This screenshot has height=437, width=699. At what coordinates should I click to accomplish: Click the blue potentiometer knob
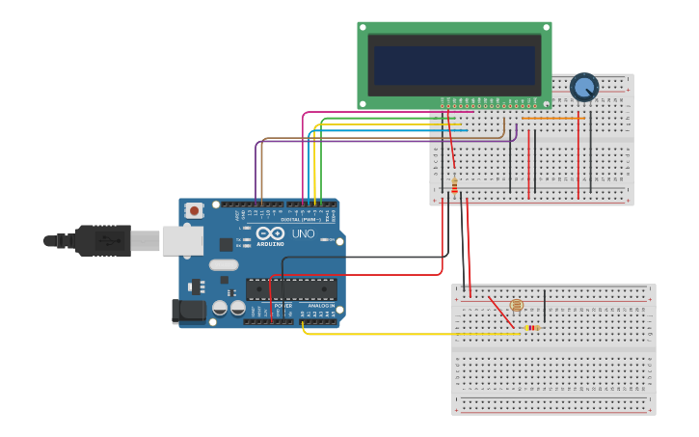tap(584, 87)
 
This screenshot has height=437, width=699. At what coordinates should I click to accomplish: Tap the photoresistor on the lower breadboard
tap(516, 305)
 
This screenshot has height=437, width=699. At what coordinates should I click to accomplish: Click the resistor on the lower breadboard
tap(531, 328)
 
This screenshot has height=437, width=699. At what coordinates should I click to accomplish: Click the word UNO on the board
tap(304, 233)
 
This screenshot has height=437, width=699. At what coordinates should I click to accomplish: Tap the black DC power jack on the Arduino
tap(188, 311)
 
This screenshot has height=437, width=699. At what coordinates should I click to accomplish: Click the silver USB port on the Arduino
tap(182, 240)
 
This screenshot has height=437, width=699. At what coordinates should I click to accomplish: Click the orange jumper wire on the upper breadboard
tap(553, 119)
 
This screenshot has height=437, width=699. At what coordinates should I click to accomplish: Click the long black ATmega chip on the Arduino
tap(291, 288)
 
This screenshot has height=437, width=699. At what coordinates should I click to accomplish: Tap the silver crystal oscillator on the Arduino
tap(223, 264)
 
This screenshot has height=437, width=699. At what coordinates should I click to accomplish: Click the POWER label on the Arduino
tap(282, 306)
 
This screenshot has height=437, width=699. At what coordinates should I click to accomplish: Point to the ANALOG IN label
tap(320, 306)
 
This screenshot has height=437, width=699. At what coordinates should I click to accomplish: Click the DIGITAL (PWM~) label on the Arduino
tap(299, 220)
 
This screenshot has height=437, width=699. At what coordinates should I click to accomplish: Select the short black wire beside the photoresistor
tap(545, 306)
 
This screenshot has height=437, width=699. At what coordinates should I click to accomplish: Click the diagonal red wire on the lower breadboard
tap(501, 311)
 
